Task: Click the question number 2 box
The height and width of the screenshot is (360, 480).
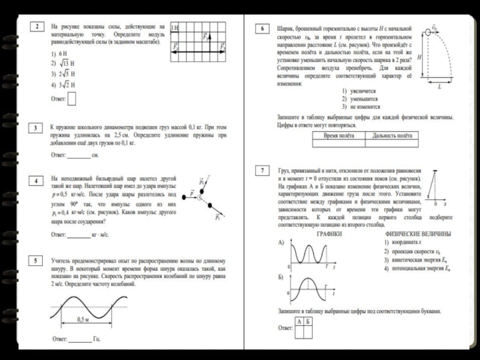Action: pos(37,27)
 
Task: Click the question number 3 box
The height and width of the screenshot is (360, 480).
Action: pos(37,128)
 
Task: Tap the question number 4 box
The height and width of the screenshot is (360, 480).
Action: pos(37,181)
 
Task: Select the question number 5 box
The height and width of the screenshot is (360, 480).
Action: pos(37,261)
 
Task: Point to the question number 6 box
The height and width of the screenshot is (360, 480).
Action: pos(262,28)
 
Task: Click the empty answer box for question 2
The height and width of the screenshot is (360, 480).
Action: pos(72,98)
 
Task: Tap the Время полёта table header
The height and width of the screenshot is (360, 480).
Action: pos(339,136)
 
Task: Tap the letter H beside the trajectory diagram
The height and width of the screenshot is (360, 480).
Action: pos(419,57)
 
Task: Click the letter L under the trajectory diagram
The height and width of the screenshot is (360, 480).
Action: pos(439,87)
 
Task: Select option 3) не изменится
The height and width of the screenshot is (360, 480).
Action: pos(360,106)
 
